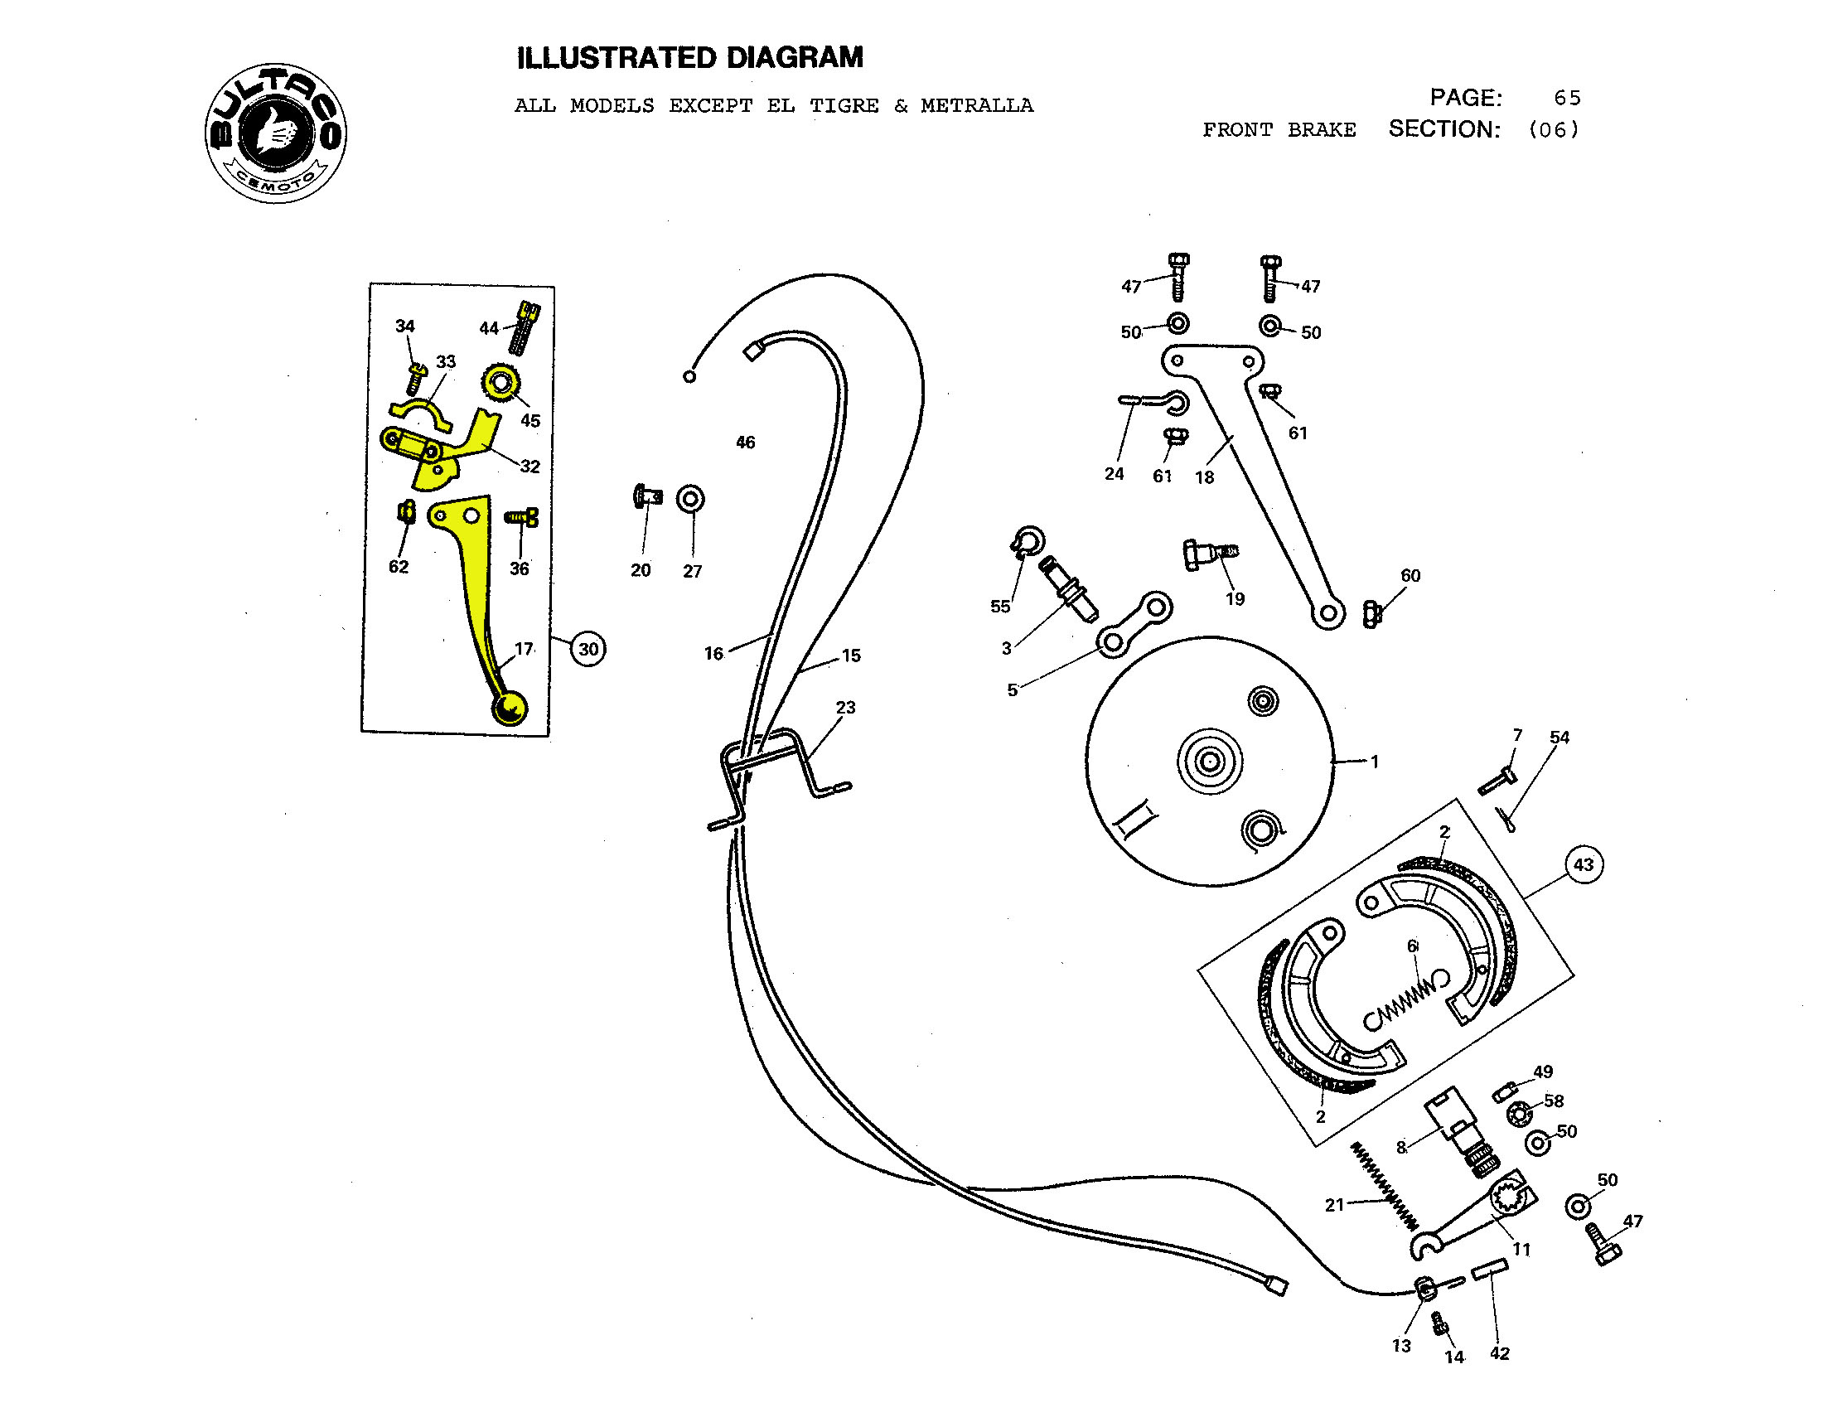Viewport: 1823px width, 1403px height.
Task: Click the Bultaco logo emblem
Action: coord(276,132)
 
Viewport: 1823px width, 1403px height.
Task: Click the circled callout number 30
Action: coord(588,649)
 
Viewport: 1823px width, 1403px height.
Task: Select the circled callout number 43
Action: coord(1584,864)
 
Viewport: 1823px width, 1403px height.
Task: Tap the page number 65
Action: coord(1567,99)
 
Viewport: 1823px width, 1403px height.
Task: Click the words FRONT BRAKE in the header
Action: coord(1279,130)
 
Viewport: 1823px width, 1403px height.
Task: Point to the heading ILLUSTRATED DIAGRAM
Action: coord(690,57)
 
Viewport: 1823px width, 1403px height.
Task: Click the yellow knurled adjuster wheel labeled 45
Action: coord(500,384)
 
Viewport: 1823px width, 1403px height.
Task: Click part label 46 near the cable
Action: coord(746,443)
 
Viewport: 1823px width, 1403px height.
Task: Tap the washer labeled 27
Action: coord(690,499)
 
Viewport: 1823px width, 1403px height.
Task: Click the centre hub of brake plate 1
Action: coord(1210,761)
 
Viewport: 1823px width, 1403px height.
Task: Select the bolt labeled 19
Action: coord(1210,553)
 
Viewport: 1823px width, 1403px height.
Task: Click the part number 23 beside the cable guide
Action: coord(845,708)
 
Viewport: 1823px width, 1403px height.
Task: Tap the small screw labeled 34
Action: coord(414,378)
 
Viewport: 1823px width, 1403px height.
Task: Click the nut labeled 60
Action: coord(1371,614)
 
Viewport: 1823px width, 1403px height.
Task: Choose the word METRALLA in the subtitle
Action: coord(977,106)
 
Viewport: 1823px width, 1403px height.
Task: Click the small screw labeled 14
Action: coord(1439,1323)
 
